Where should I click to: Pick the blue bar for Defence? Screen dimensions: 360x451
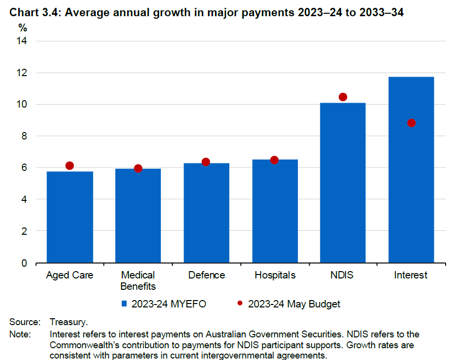[x=206, y=213]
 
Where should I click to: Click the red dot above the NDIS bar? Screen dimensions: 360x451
[x=343, y=97]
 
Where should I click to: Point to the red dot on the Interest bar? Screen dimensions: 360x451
[x=411, y=123]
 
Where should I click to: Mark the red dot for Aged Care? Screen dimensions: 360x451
[x=70, y=166]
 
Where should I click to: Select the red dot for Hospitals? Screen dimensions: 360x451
[x=274, y=160]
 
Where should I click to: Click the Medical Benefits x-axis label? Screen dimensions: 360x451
[x=138, y=280]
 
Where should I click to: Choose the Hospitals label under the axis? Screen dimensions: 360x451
[x=275, y=275]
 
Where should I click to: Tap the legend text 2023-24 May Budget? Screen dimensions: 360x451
[x=294, y=304]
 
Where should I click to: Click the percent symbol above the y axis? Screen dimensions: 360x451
[x=23, y=28]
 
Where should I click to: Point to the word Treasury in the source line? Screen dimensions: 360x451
[x=68, y=323]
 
